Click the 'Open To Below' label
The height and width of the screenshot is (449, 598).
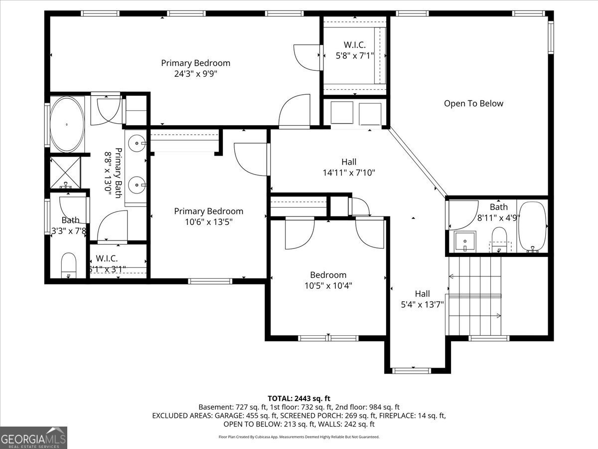coord(473,103)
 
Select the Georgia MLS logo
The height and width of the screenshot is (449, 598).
coord(33,438)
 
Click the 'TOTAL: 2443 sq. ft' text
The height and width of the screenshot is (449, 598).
coord(299,398)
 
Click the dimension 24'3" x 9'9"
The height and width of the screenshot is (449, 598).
coord(195,74)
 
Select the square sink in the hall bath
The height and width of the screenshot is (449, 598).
coord(465,242)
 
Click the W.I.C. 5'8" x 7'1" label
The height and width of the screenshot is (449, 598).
coord(355,50)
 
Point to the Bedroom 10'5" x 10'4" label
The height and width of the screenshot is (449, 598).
coord(328,280)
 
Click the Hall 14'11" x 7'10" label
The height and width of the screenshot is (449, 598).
coord(349,167)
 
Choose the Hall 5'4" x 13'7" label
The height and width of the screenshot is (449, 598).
coord(422,298)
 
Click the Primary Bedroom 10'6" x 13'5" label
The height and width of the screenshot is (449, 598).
coord(208,217)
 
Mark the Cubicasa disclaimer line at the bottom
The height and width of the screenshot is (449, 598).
coord(299,437)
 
